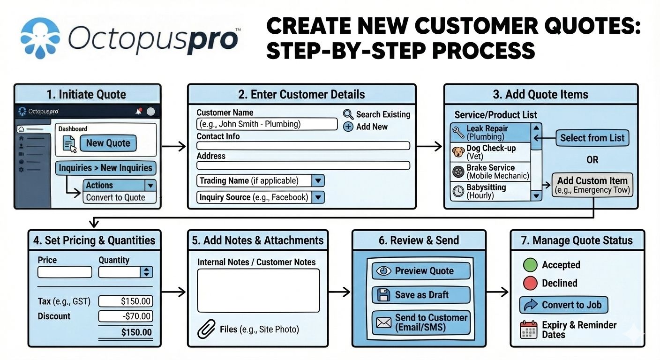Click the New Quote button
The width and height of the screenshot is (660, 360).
pos(108,143)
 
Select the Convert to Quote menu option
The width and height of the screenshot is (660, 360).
pos(115,197)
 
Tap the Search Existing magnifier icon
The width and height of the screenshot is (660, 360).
pos(348,114)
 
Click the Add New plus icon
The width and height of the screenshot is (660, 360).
pos(348,127)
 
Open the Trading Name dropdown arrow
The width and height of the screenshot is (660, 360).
pos(318,181)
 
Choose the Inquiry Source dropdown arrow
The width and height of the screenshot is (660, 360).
pos(318,197)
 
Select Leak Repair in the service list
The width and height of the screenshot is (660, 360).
pos(490,133)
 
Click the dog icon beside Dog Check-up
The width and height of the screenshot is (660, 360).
pos(458,152)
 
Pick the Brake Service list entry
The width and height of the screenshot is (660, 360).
pos(490,172)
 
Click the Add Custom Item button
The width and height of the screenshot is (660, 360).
pos(592,185)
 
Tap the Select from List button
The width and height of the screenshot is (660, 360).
pos(592,138)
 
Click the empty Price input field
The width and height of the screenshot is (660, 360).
pos(65,272)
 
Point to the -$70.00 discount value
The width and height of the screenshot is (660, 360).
pos(125,316)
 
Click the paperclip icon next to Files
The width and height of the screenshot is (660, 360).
pos(206,329)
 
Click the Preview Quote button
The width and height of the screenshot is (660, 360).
pos(420,271)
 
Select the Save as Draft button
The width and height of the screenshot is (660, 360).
pos(420,295)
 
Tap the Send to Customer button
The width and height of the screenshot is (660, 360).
pos(420,322)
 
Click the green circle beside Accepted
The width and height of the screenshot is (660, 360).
pos(530,265)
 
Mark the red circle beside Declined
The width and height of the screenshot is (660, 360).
pos(530,283)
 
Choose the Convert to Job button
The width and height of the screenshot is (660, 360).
pos(563,305)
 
